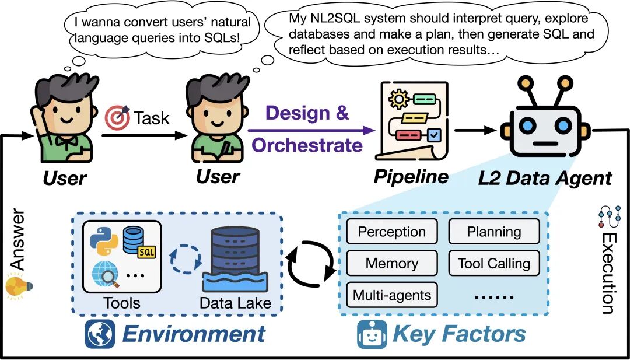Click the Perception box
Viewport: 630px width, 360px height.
pos(392,232)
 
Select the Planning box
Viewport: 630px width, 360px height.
pos(494,232)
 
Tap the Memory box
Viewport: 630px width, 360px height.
pos(392,263)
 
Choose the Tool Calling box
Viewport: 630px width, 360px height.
pos(494,263)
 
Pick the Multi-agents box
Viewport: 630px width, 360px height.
pos(392,295)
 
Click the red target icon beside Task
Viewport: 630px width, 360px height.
pos(117,118)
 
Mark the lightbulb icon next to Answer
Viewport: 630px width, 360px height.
pos(17,286)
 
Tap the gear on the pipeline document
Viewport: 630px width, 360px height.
pos(400,99)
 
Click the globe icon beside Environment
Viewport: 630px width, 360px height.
pos(100,334)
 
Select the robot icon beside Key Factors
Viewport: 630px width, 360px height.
pos(372,334)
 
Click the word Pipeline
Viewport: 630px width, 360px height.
pos(411,177)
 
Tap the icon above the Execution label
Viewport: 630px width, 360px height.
pos(608,216)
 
